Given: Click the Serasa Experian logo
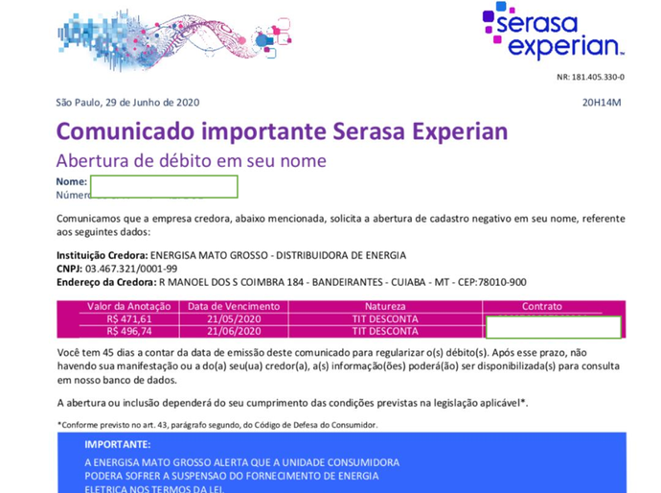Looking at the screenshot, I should tap(553, 32).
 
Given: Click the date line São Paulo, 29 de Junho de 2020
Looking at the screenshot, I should tap(127, 103).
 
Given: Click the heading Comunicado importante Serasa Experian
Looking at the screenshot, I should tap(282, 131).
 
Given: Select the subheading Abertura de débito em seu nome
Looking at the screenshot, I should tap(191, 160).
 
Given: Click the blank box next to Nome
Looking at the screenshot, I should tap(164, 186).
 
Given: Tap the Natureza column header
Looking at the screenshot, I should tap(384, 307).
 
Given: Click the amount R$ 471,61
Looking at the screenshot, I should tap(130, 319).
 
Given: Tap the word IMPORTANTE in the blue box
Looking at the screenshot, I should tap(117, 445).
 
